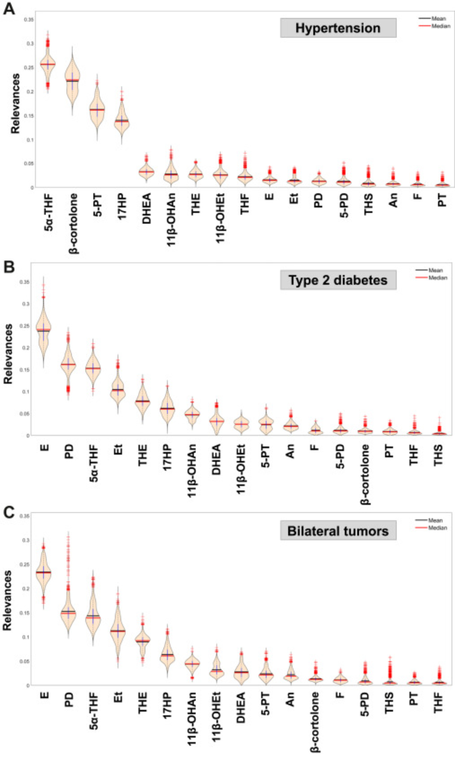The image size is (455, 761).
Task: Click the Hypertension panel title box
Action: click(338, 28)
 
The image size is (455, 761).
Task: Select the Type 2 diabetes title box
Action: click(338, 280)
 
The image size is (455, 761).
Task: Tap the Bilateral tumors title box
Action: click(338, 530)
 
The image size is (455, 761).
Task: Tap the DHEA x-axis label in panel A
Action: click(146, 208)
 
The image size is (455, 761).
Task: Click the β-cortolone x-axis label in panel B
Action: click(365, 474)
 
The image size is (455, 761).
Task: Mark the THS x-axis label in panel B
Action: click(438, 455)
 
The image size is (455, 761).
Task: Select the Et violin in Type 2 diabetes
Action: click(118, 390)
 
